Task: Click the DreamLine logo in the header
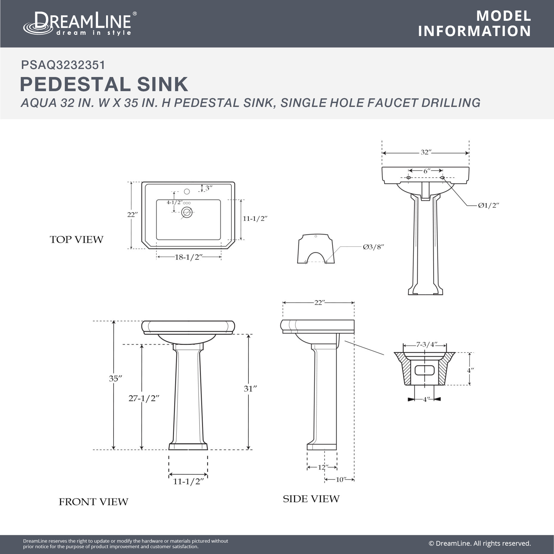coord(80,24)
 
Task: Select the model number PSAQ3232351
coord(63,65)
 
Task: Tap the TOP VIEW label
coord(76,239)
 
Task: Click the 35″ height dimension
coord(115,378)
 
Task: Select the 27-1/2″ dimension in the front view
coord(144,398)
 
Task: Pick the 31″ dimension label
coord(250,389)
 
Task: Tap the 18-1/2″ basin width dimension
coord(189,257)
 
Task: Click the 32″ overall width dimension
coord(426,152)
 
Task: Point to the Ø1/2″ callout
coord(488,205)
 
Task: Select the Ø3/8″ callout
coord(373,247)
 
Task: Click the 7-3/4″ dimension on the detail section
coord(427,344)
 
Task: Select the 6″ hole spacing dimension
coord(427,171)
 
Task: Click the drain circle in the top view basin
coord(187,212)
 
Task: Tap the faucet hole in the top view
coord(187,191)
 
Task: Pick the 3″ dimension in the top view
coord(209,188)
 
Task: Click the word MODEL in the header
coord(504,16)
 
